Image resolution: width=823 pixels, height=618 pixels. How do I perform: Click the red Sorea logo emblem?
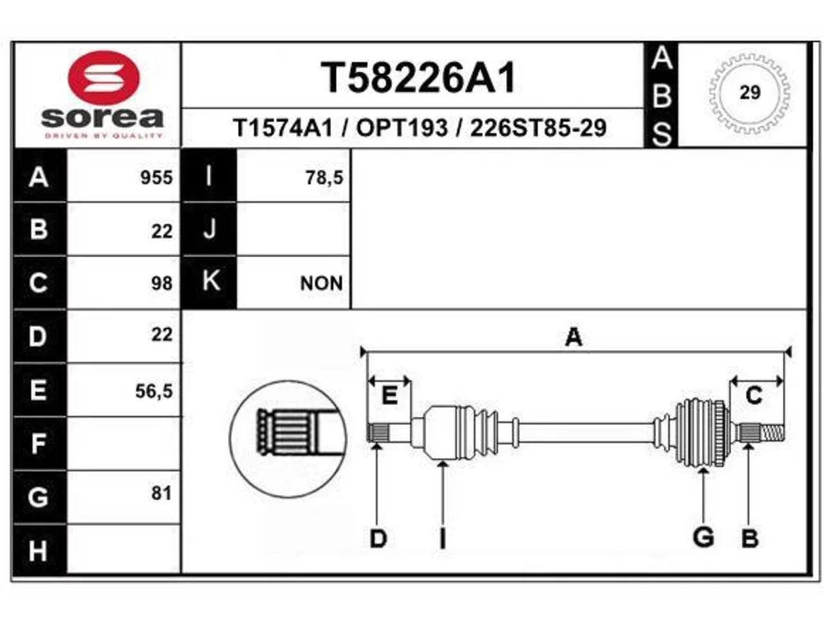[104, 78]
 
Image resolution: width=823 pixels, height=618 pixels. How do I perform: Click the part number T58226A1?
[418, 78]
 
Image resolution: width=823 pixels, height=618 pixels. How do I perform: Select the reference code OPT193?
[402, 128]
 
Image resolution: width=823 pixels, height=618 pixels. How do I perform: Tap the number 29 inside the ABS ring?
[750, 92]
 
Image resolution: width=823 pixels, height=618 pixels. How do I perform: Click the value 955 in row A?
[156, 178]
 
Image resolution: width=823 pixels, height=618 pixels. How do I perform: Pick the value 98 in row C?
[161, 283]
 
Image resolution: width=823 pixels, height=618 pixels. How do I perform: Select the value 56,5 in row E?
[154, 391]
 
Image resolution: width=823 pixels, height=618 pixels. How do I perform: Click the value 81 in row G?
[161, 493]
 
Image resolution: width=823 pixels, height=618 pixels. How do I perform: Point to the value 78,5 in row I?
[324, 178]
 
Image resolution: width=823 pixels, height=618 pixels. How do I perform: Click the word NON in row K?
[321, 283]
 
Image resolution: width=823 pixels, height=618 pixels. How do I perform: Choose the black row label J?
[209, 229]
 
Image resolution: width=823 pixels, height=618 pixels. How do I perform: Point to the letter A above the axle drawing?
[574, 337]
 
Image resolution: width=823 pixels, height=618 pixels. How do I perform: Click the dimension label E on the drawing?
[389, 395]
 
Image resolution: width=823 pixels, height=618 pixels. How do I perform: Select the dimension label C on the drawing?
[754, 395]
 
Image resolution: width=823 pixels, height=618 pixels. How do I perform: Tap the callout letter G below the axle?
[703, 538]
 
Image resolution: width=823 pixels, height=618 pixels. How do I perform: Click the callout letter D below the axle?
[378, 539]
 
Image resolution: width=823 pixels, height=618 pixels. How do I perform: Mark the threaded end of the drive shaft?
[772, 433]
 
